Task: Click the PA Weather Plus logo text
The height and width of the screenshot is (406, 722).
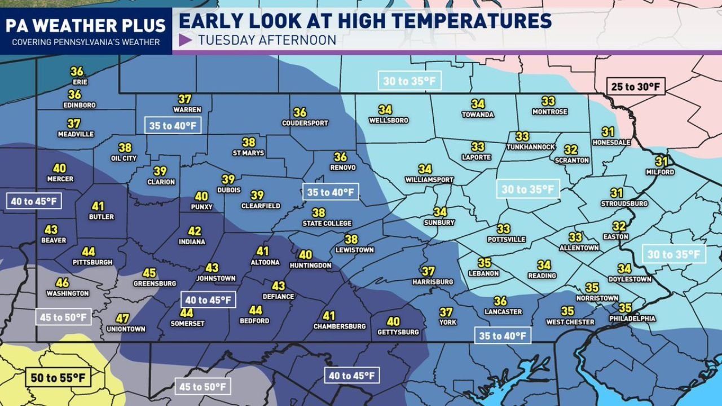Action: pos(86,25)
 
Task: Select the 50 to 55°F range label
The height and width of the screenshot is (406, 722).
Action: pos(58,377)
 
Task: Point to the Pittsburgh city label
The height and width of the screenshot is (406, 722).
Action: pos(93,262)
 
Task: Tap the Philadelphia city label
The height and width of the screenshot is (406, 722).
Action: pos(632,319)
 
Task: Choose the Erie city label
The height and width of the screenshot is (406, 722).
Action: pos(80,82)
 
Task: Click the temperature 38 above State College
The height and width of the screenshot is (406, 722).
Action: pos(319,213)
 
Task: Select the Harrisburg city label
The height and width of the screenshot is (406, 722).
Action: pos(433,281)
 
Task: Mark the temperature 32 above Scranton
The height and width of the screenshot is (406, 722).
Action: pos(571,150)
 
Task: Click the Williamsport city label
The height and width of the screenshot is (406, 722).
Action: pos(429,180)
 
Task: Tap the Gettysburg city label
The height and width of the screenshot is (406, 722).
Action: pos(398,332)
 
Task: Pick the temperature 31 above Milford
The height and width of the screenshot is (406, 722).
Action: pos(661,161)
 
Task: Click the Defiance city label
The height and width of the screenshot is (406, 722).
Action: pos(278,297)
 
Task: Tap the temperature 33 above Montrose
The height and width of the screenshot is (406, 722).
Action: pos(548,101)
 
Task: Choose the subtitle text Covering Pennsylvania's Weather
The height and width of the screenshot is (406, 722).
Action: pos(86,42)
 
